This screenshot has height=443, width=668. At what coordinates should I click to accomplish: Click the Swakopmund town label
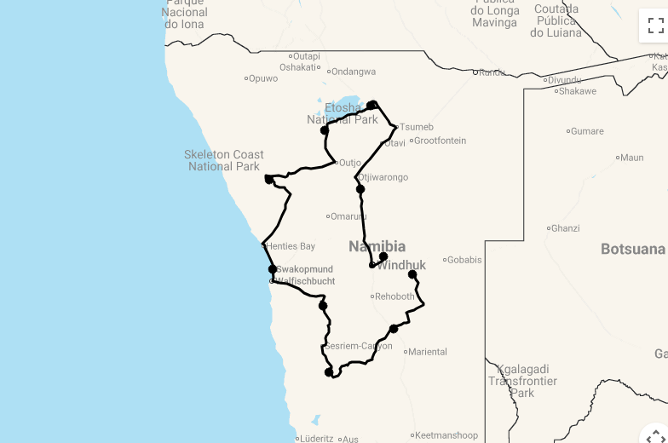coord(304,269)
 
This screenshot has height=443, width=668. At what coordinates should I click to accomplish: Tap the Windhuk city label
coord(401,266)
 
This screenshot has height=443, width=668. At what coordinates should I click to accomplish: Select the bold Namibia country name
coord(377,247)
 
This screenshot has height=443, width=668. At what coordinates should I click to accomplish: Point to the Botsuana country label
coord(632,250)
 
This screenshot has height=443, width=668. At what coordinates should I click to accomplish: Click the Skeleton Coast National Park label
coord(224,160)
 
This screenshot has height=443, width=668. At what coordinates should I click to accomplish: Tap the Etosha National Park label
coord(343,114)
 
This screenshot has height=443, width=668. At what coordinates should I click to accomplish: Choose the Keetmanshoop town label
coord(447,435)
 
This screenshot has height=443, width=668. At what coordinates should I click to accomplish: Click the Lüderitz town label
coord(314,440)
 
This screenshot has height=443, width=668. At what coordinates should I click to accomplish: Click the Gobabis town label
coord(465,260)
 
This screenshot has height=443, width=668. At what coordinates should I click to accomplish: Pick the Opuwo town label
coord(263,78)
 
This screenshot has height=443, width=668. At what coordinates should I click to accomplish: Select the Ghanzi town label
coord(566,228)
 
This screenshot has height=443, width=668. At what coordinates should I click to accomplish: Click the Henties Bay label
coord(291,246)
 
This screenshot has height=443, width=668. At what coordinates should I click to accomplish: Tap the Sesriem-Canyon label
coord(359,346)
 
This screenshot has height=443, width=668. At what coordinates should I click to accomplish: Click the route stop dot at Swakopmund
coord(273,269)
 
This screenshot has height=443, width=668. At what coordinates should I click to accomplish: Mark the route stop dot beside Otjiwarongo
coord(360,189)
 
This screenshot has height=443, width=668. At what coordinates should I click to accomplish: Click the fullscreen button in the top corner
coord(654,25)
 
